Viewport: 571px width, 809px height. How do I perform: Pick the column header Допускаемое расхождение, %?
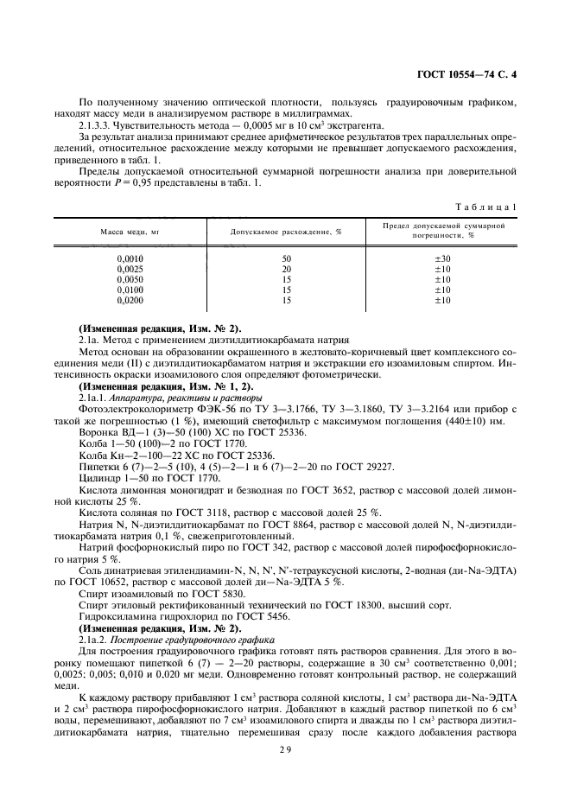coord(286,232)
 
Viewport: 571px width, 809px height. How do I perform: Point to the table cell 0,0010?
coord(130,259)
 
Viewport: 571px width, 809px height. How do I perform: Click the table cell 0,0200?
coord(130,301)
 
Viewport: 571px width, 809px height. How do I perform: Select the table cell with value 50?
coord(286,259)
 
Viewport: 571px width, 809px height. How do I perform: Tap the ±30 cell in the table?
coord(442,259)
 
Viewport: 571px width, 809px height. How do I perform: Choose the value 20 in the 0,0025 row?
coord(286,270)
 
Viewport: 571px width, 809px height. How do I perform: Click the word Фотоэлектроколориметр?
coord(128,409)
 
